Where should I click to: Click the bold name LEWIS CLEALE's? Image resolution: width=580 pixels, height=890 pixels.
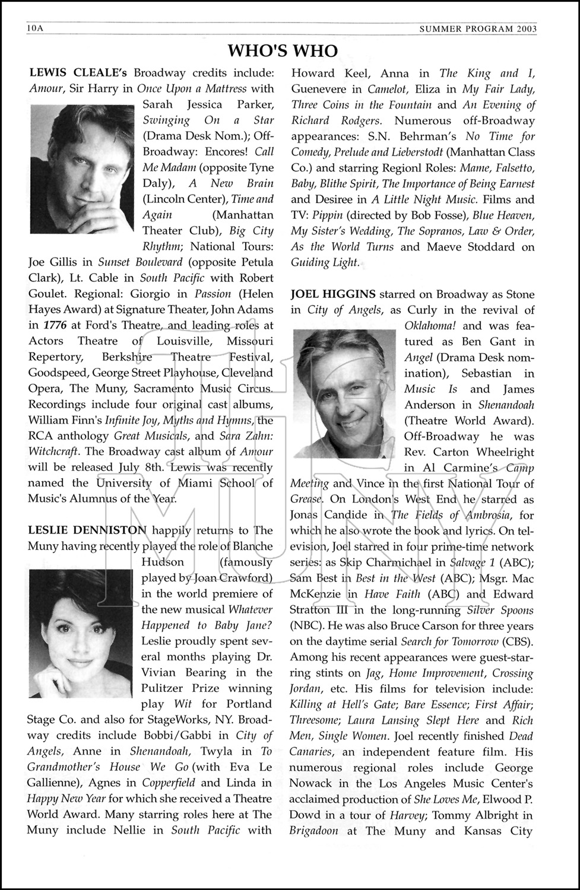coord(78,73)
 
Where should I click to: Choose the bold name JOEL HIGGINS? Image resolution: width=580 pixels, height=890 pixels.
coord(333,294)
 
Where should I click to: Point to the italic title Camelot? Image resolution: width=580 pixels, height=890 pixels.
coord(389,89)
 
